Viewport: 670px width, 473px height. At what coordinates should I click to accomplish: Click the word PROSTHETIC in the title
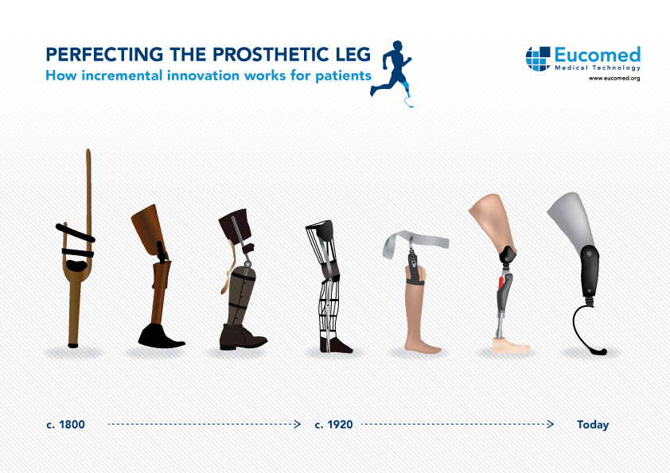coord(268,55)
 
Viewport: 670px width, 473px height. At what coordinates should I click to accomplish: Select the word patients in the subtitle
coord(344,76)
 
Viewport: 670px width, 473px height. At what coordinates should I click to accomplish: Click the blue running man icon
coord(391,73)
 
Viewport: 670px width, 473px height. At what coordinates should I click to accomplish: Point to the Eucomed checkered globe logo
coord(538,59)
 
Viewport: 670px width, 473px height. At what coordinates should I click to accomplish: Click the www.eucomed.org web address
coord(614,78)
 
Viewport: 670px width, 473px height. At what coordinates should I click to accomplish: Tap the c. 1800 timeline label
coord(65,425)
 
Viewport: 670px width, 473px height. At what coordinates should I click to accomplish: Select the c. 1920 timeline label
coord(333,425)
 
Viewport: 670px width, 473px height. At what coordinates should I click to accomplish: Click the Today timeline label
coord(593,425)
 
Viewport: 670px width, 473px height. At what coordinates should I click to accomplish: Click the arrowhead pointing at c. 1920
coord(298,424)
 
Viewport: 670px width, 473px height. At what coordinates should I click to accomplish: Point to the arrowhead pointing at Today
coord(551,424)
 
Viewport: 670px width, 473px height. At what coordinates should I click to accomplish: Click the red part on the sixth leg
coord(501,283)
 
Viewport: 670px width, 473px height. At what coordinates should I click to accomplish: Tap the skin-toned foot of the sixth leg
coord(509,345)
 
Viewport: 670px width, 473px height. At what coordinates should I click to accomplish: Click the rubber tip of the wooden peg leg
coord(73,345)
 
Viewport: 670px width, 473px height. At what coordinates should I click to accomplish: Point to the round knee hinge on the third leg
coord(247,264)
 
